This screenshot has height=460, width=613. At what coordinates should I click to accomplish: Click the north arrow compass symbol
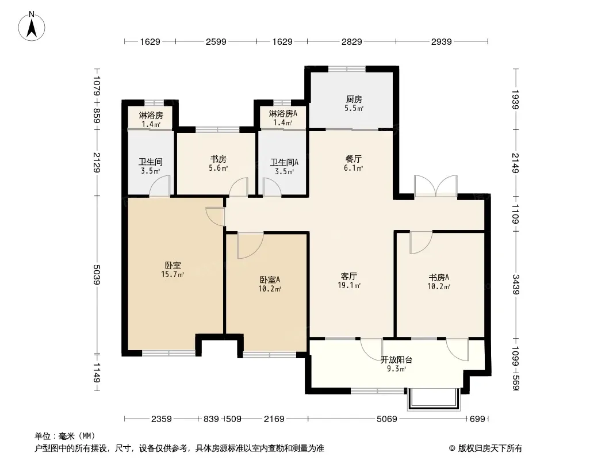(x=32, y=26)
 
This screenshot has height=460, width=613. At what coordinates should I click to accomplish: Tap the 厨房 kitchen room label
(x=354, y=99)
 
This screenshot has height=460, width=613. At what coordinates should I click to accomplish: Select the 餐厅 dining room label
(x=354, y=159)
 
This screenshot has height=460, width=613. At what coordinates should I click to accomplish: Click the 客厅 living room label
(x=348, y=277)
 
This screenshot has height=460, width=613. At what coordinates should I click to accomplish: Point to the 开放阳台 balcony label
(x=396, y=360)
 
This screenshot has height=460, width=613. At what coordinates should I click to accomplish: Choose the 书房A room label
(x=439, y=278)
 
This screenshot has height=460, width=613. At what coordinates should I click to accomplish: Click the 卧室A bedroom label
(x=270, y=280)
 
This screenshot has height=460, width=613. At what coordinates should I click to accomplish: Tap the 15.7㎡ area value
(x=173, y=274)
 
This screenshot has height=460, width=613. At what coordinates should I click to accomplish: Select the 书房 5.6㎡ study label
(x=218, y=163)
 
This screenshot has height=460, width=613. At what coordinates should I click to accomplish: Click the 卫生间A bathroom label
(x=284, y=162)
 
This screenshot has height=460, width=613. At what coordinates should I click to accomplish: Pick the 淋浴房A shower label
(x=283, y=114)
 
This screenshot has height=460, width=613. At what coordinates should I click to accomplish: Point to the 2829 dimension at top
(x=351, y=41)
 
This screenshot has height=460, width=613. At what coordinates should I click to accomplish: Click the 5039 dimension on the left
(x=97, y=275)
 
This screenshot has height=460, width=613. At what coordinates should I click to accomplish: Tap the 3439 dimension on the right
(x=516, y=284)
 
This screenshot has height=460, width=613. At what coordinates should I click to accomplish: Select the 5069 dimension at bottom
(x=386, y=419)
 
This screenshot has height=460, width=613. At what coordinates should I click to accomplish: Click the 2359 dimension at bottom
(x=161, y=419)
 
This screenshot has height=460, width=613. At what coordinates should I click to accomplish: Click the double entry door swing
(x=436, y=186)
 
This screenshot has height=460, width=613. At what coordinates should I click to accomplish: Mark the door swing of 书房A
(x=421, y=242)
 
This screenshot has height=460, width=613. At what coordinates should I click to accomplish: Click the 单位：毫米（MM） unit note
(x=65, y=436)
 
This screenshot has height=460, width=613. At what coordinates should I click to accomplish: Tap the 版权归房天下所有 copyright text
(x=490, y=448)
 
